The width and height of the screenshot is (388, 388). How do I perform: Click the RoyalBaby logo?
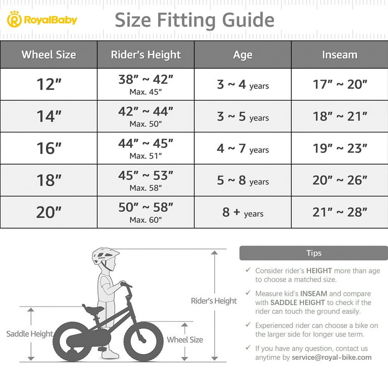click(42, 20)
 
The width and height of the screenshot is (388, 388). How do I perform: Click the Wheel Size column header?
click(48, 55)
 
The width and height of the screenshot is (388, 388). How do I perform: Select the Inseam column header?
click(339, 55)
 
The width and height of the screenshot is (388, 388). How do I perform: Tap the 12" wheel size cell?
click(48, 84)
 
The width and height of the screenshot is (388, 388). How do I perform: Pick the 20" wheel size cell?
click(48, 212)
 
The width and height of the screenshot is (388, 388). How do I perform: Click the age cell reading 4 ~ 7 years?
click(243, 149)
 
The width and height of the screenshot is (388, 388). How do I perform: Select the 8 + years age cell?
click(243, 212)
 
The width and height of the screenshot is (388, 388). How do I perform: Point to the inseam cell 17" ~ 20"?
click(339, 84)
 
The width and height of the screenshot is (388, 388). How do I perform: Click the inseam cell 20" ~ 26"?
click(339, 180)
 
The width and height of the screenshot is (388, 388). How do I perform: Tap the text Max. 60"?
click(145, 220)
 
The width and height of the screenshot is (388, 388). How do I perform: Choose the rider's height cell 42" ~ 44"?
click(145, 112)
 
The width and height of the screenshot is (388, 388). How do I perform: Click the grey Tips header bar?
click(313, 253)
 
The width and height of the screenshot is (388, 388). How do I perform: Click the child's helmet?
click(105, 256)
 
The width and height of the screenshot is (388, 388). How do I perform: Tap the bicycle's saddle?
click(94, 308)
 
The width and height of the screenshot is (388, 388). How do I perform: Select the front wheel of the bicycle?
click(143, 341)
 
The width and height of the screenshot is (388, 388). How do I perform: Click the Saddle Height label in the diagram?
click(29, 334)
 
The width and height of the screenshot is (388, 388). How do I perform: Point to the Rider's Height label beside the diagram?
click(214, 301)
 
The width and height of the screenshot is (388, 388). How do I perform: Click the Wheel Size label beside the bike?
click(185, 340)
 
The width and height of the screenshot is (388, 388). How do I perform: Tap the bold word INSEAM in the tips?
click(314, 294)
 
